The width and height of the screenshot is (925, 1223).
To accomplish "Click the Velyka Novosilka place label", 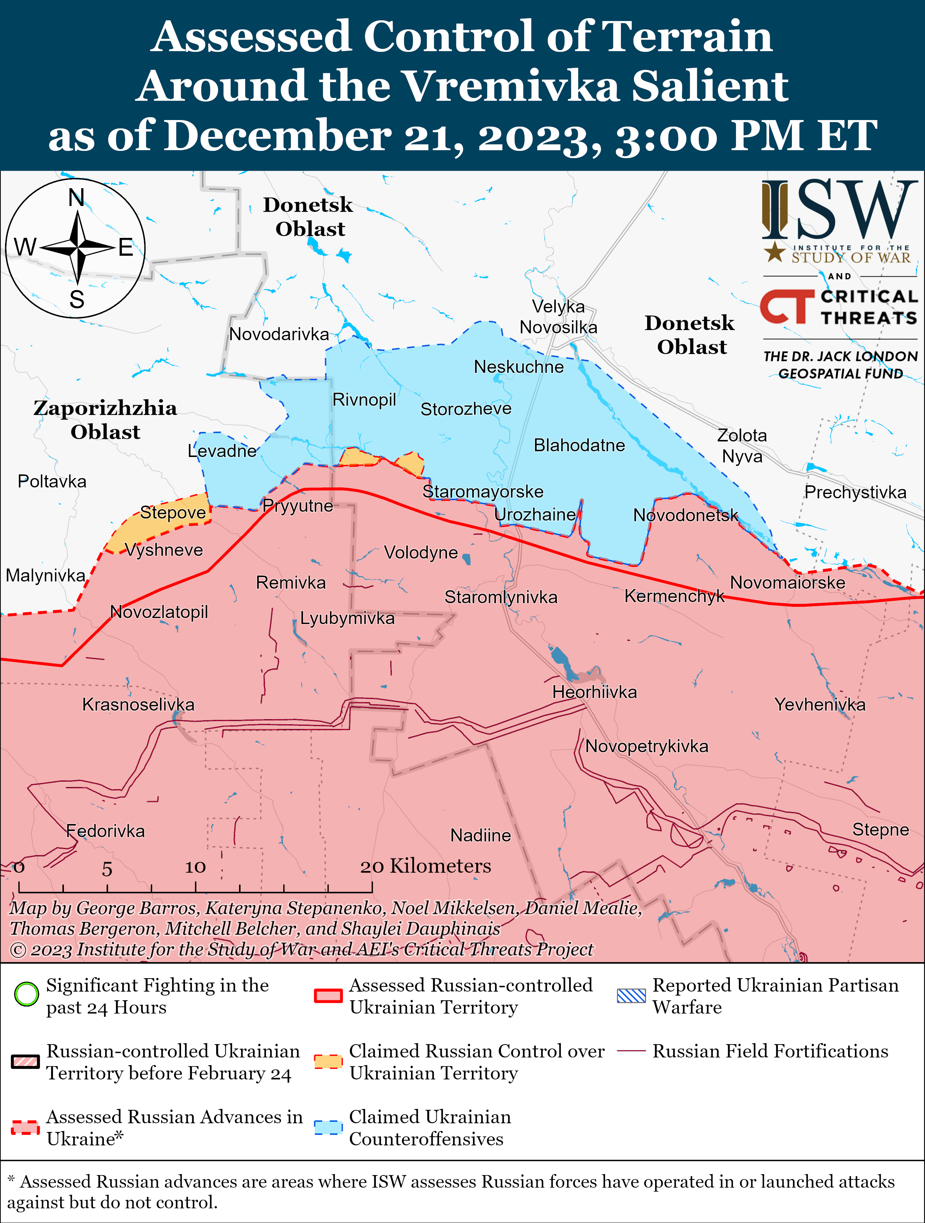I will (x=558, y=316).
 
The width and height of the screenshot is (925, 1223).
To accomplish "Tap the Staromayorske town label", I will (x=483, y=491).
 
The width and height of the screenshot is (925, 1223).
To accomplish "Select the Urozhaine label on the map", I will (x=535, y=514).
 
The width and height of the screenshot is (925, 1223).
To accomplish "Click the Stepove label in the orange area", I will (x=173, y=512).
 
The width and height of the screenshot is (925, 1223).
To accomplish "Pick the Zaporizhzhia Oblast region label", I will (x=105, y=420).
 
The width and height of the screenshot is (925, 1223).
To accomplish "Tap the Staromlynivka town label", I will (x=501, y=597).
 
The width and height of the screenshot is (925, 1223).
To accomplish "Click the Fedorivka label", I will (x=105, y=831).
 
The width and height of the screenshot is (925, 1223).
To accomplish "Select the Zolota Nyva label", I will (x=741, y=446).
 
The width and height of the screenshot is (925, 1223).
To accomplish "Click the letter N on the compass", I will (x=76, y=197).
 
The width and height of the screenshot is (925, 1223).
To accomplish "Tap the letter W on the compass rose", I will (x=25, y=247).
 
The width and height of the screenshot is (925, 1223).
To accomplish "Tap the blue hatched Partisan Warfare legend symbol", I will (x=631, y=996).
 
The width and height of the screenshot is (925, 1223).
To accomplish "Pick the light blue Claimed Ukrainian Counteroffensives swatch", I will (x=328, y=1127).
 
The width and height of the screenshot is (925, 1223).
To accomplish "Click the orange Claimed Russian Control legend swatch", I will (x=328, y=1062).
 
